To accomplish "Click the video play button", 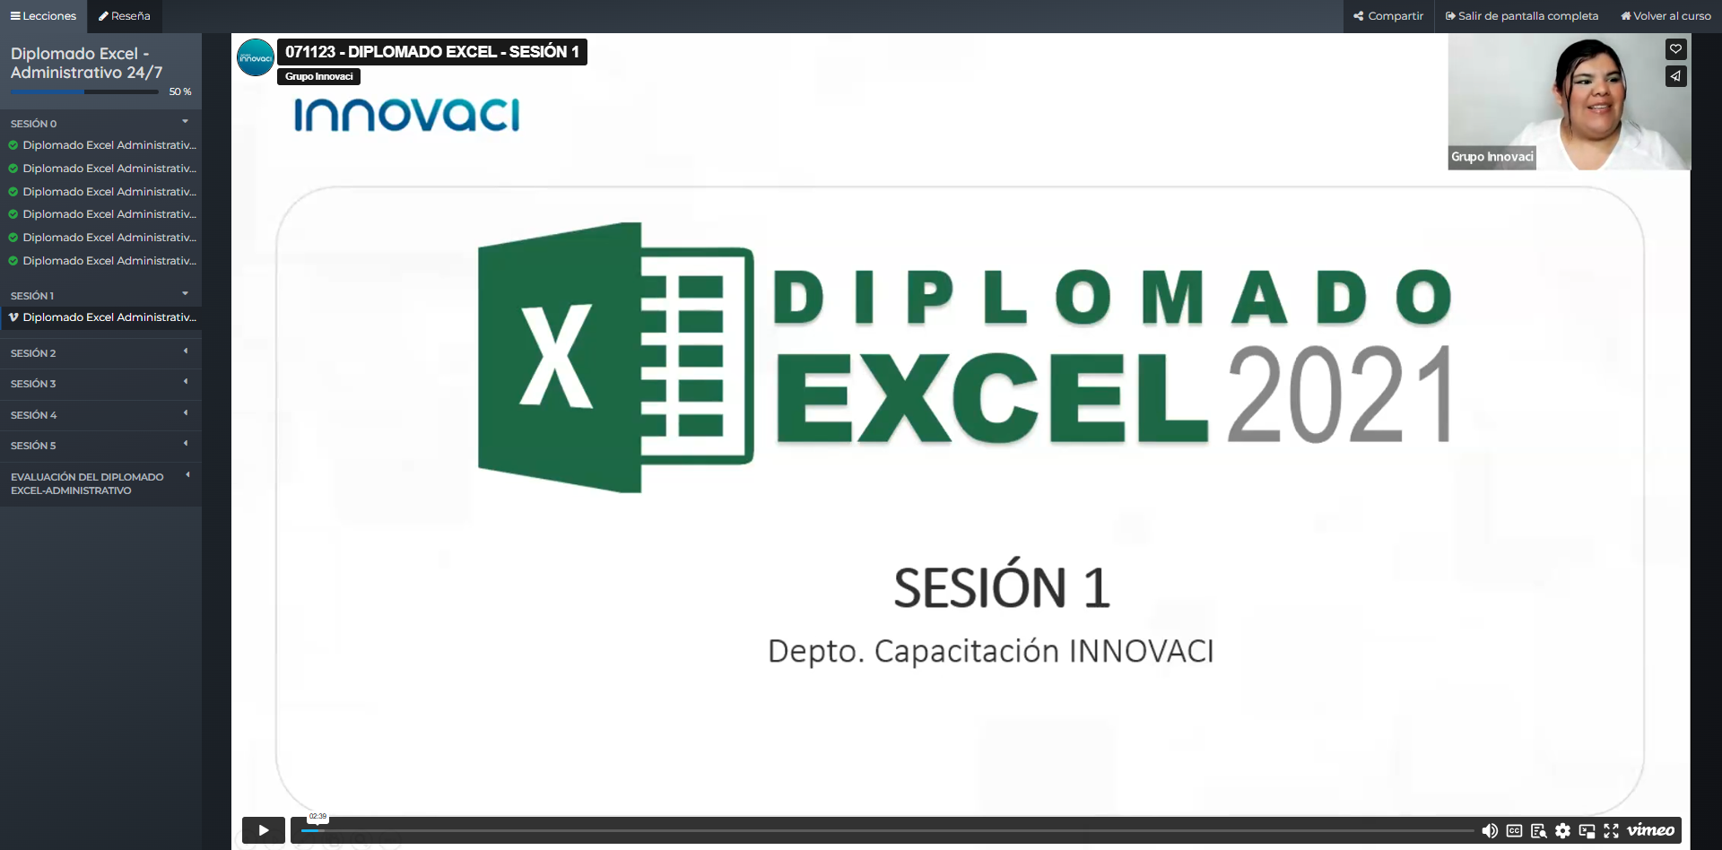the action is [263, 830].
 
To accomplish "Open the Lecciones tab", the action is [43, 16].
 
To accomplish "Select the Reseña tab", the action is [125, 16].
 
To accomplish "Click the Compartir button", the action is [1388, 16].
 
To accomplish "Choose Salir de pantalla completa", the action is [1522, 16].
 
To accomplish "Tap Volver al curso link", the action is [1665, 16].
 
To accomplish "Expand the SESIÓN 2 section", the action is [100, 353].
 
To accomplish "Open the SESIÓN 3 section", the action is [100, 384].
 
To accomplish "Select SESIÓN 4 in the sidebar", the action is [100, 415].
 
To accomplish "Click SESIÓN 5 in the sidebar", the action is [100, 446].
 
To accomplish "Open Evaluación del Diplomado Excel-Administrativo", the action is [100, 484].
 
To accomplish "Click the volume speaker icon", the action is [1490, 831].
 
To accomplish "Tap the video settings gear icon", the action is [1562, 831].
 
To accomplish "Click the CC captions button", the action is [1515, 831].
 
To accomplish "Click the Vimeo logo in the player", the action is [1651, 830].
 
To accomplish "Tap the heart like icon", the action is [1675, 49].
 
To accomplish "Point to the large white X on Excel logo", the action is [557, 357].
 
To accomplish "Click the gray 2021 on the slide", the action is [1341, 395].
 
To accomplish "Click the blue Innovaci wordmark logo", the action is [406, 115].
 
